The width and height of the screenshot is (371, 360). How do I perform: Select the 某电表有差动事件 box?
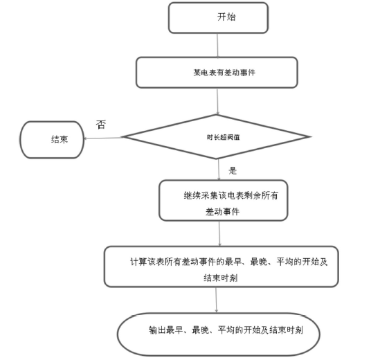pos(217,72)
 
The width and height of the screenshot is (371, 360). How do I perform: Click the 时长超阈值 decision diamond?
pos(217,136)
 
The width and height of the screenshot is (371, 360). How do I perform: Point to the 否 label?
pos(102,125)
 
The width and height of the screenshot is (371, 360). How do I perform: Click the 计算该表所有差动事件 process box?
pos(221,267)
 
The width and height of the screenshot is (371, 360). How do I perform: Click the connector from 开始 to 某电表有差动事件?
pos(219,45)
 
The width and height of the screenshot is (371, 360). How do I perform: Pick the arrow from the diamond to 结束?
pos(104,138)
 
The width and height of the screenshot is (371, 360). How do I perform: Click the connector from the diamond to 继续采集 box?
pos(219,171)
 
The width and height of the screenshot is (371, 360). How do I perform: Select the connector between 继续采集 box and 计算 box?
pos(219,233)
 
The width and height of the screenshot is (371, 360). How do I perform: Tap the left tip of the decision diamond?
pos(124,138)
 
